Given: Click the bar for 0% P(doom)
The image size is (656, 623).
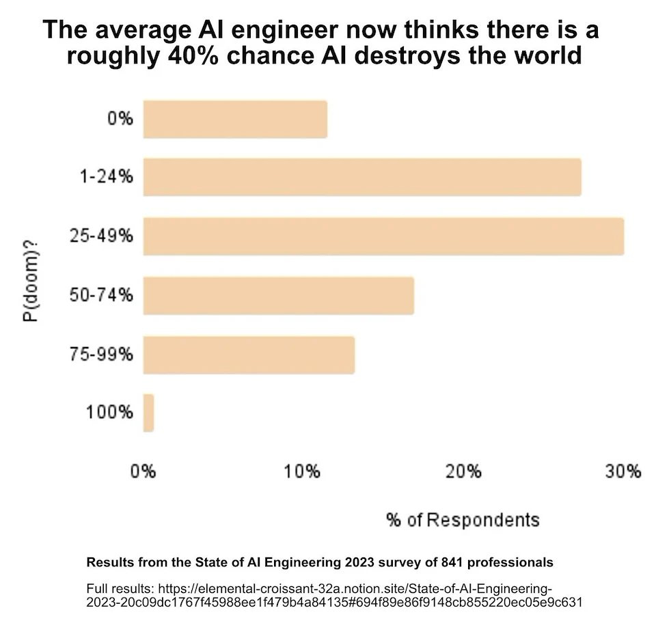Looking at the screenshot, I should pyautogui.click(x=234, y=120).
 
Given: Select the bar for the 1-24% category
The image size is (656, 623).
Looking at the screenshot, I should pyautogui.click(x=361, y=178).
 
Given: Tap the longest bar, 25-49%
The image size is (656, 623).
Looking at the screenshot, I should pyautogui.click(x=383, y=236).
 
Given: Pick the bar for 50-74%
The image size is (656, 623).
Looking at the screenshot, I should pyautogui.click(x=278, y=295).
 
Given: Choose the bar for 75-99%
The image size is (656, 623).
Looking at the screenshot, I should pyautogui.click(x=249, y=355).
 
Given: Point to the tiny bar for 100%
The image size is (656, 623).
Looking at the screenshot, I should pyautogui.click(x=148, y=413).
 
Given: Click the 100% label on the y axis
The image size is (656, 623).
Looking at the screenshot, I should pyautogui.click(x=109, y=413).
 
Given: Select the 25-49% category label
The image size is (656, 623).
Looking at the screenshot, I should pyautogui.click(x=101, y=236).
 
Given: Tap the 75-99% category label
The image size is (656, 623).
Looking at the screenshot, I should pyautogui.click(x=101, y=355).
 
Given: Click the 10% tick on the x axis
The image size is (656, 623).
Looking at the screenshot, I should pyautogui.click(x=302, y=471).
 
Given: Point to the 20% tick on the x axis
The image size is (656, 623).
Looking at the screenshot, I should pyautogui.click(x=463, y=471).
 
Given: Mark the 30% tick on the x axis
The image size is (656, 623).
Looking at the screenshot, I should pyautogui.click(x=623, y=471).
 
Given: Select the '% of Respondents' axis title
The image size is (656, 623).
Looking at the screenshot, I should pyautogui.click(x=463, y=520).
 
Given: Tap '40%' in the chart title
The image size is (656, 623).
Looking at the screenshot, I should pyautogui.click(x=192, y=55).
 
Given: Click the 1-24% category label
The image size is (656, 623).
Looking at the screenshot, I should pyautogui.click(x=105, y=178).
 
